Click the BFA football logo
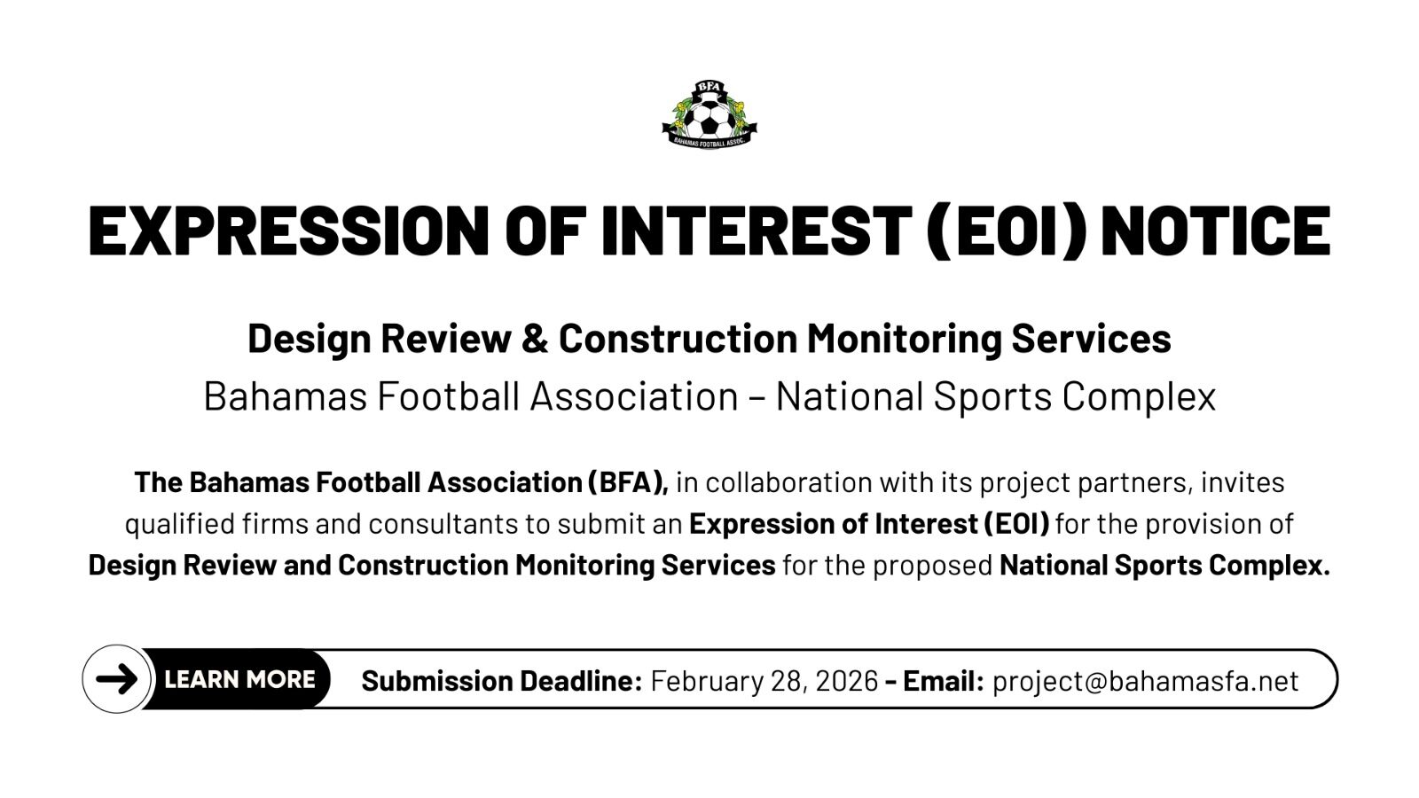pyautogui.click(x=709, y=114)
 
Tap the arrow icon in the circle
pyautogui.click(x=116, y=679)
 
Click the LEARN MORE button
pyautogui.click(x=239, y=679)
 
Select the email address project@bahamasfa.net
pyautogui.click(x=1145, y=681)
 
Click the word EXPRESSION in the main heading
pyautogui.click(x=288, y=231)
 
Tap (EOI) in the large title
pyautogui.click(x=1007, y=231)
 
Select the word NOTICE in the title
pyautogui.click(x=1216, y=231)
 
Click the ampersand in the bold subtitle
pyautogui.click(x=535, y=338)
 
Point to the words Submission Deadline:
pyautogui.click(x=502, y=681)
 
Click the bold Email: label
pyautogui.click(x=944, y=681)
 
